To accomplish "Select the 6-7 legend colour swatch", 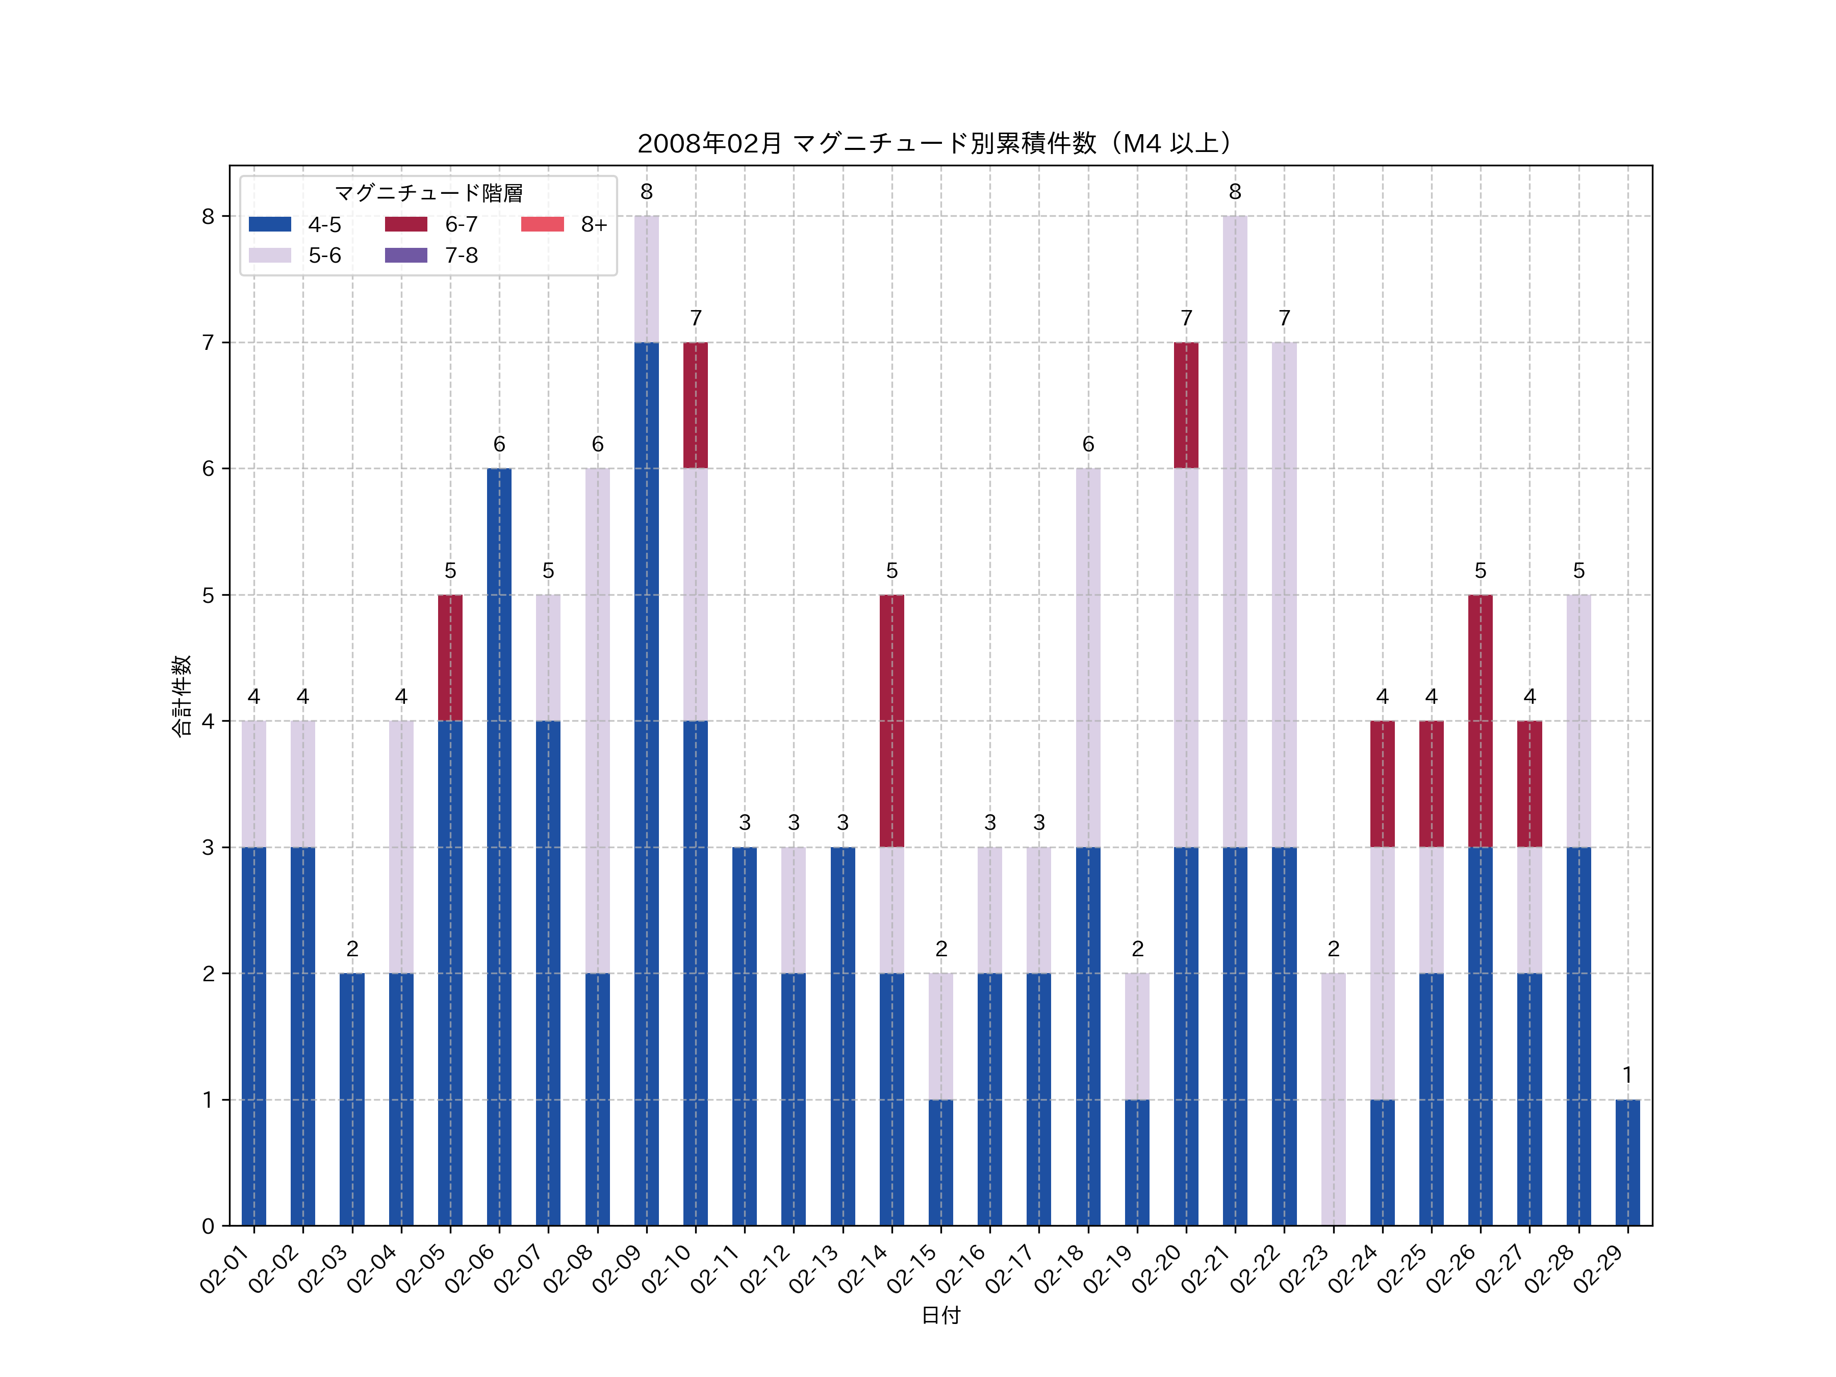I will [x=406, y=224].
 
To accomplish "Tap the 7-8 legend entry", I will [x=431, y=256].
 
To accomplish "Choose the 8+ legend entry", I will [x=565, y=224].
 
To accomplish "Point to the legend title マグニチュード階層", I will [x=428, y=193].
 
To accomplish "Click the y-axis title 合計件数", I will [x=181, y=696].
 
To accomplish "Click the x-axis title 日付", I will [x=940, y=1316].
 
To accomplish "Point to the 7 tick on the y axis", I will [x=208, y=343].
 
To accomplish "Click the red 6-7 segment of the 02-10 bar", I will [x=696, y=405].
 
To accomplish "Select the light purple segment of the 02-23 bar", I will [x=1333, y=1099].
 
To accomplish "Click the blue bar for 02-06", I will [x=499, y=847].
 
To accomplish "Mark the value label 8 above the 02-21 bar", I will [x=1235, y=192].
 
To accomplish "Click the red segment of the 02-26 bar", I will [x=1480, y=721].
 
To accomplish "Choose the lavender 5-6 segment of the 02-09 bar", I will [x=647, y=279].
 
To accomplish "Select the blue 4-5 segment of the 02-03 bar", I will [x=352, y=1099].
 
